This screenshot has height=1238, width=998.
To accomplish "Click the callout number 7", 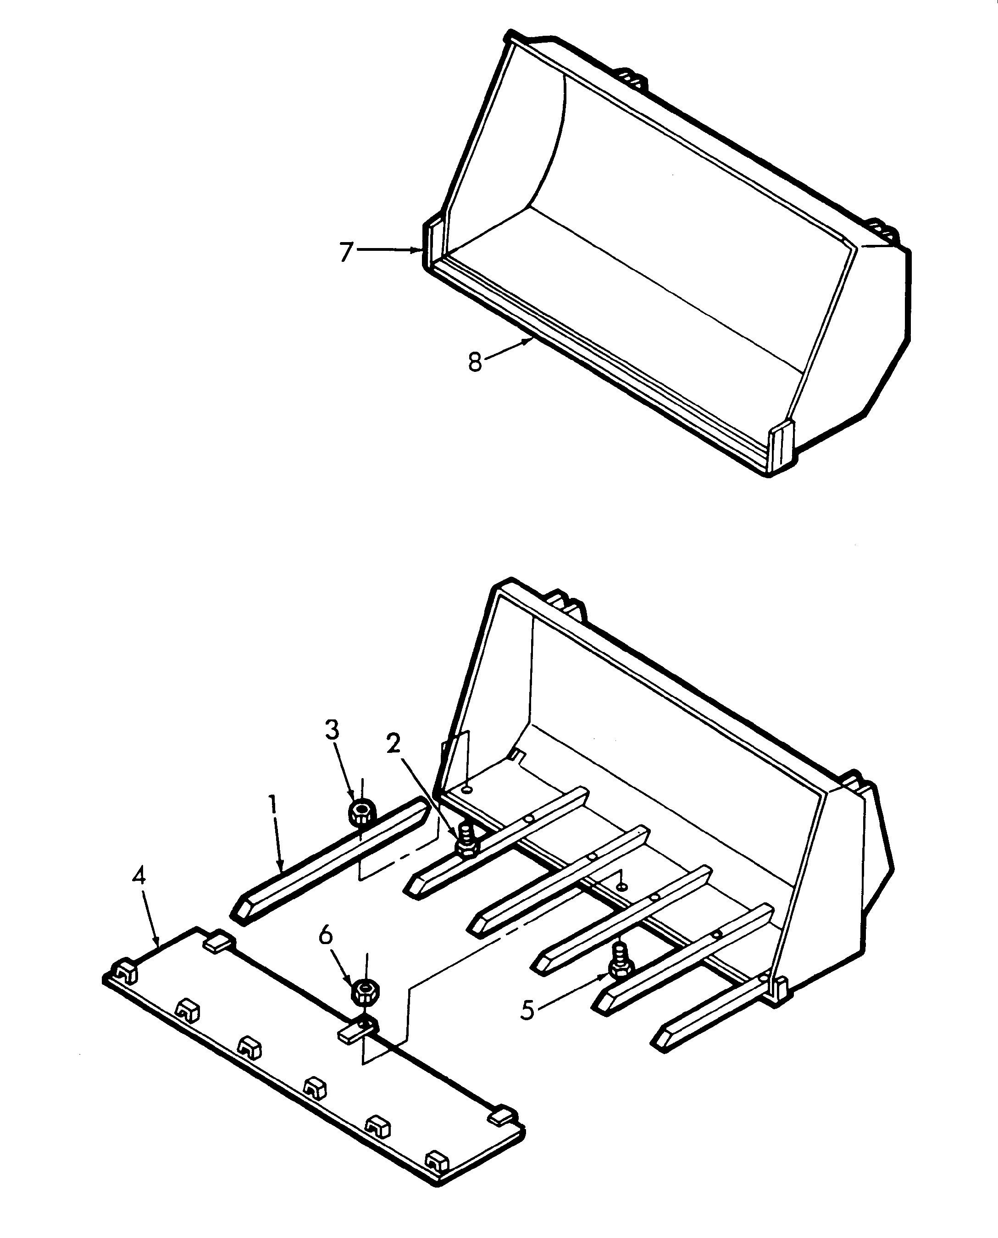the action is coord(345,252).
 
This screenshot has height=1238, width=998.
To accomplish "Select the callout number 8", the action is coord(475,362).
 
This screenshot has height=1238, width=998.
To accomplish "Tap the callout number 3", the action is coord(332,730).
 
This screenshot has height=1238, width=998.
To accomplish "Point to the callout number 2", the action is coord(394,744).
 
